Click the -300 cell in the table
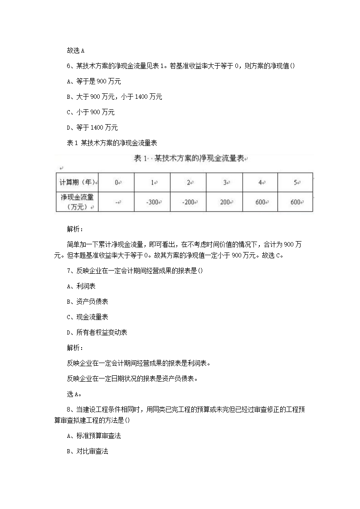[152, 202]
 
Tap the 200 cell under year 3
[225, 202]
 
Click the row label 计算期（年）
[78, 182]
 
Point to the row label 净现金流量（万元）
[78, 202]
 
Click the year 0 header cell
[117, 182]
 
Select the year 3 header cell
[225, 182]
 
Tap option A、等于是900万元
[93, 81]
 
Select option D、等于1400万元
[92, 127]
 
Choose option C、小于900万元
[90, 112]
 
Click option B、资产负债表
[87, 301]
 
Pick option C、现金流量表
[87, 317]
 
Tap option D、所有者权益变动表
[97, 332]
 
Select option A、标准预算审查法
[93, 436]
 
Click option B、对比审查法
[87, 451]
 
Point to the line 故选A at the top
[76, 50]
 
